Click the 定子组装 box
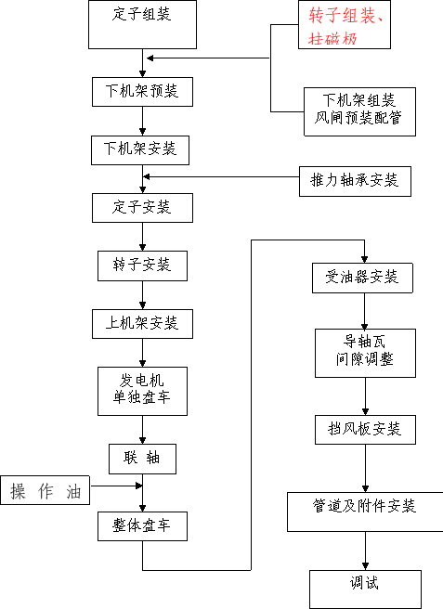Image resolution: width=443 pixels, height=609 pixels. coord(142,24)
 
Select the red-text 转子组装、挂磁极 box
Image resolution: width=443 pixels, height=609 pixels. coord(345,24)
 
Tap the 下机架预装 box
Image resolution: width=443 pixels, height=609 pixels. coord(142,92)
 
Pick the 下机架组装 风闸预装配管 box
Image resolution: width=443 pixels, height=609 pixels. coord(359,111)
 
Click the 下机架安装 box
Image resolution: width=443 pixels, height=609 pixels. coord(140,149)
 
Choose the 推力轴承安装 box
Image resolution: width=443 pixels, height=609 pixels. coord(355,181)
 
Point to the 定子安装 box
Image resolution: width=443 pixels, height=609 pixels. coord(142,208)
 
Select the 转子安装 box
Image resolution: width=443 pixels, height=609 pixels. coord(142,266)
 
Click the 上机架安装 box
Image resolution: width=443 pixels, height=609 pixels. coord(142,323)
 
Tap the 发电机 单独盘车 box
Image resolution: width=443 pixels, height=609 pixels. coord(142,391)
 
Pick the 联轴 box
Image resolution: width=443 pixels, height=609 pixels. coord(142,459)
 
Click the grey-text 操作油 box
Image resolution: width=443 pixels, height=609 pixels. coord(46,490)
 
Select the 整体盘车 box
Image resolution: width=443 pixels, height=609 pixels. coord(142,526)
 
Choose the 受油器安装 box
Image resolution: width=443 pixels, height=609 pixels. coord(362,278)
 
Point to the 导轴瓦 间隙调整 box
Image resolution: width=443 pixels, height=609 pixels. coord(365,353)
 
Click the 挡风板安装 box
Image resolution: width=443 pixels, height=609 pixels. coord(365,430)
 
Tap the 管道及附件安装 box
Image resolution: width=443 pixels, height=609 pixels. coord(365,512)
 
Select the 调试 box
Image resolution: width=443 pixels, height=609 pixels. coord(365,590)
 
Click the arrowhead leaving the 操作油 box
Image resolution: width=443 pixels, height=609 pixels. coord(138,486)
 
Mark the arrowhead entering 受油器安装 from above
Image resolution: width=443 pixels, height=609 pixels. coord(364,259)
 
